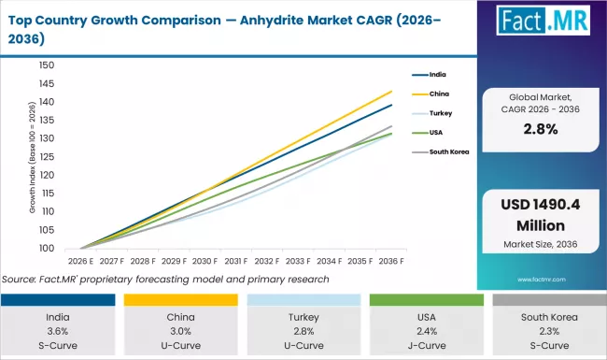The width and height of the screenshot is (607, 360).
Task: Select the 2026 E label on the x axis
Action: point(80,263)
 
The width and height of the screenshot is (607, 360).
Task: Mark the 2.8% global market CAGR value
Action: point(541,129)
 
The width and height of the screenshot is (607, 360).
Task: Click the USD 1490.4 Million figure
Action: point(541,216)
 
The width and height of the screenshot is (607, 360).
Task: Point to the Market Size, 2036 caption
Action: point(541,244)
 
